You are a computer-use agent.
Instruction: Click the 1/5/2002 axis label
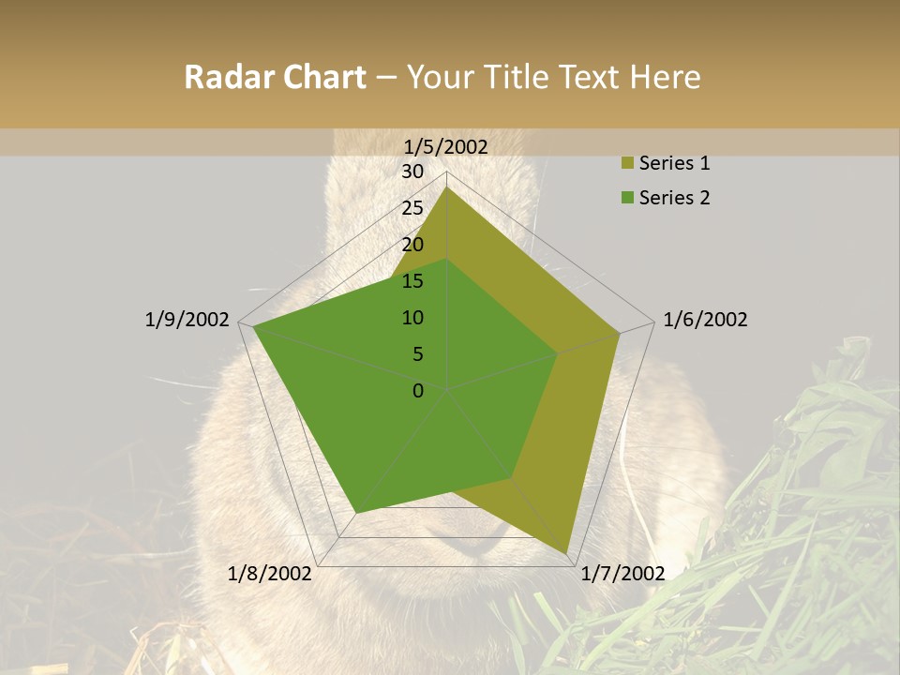[446, 147]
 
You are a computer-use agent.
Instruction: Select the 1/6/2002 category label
[705, 320]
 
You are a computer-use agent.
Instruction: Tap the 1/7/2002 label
[622, 573]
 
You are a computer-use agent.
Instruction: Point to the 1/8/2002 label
[270, 573]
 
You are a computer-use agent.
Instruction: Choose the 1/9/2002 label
[187, 320]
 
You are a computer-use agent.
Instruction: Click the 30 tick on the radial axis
[412, 172]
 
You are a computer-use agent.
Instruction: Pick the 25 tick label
[412, 208]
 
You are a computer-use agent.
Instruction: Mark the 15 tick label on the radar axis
[412, 281]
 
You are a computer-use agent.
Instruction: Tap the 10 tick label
[412, 318]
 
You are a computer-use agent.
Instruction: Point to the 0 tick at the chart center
[418, 391]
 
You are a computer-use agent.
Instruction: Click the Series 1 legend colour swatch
[627, 164]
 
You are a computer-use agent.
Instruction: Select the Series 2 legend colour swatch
[627, 198]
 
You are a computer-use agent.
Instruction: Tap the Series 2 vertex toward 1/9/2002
[253, 327]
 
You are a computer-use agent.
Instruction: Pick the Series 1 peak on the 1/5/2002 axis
[446, 187]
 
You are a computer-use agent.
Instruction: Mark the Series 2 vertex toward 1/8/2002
[356, 512]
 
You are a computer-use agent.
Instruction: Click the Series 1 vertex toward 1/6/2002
[619, 332]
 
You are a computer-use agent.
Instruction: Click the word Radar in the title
[224, 78]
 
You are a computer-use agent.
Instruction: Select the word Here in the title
[665, 78]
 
